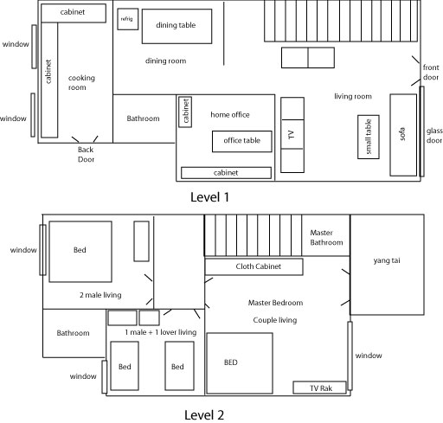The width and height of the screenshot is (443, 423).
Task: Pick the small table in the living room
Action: coord(369,137)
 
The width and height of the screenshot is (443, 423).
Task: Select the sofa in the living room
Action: coord(402,134)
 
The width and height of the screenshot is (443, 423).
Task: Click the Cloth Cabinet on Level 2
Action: coord(254,267)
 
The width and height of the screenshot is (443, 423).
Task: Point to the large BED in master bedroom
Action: coord(239,362)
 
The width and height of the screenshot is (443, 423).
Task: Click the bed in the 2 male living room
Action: coord(80,251)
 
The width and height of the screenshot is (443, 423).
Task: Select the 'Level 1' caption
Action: coord(209,197)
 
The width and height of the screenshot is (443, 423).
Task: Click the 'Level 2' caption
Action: coord(204,414)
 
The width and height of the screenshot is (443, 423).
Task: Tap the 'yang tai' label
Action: coord(386,260)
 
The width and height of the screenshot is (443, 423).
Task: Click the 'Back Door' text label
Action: coord(86,154)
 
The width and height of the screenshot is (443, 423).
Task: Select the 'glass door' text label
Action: coord(433,135)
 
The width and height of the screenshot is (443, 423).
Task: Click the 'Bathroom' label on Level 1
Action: coord(143,119)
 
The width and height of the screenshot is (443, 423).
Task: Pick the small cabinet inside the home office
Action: coord(185,112)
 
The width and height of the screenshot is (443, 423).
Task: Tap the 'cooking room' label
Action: coord(81,83)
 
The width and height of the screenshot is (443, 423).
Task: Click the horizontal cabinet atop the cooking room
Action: coord(74,14)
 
